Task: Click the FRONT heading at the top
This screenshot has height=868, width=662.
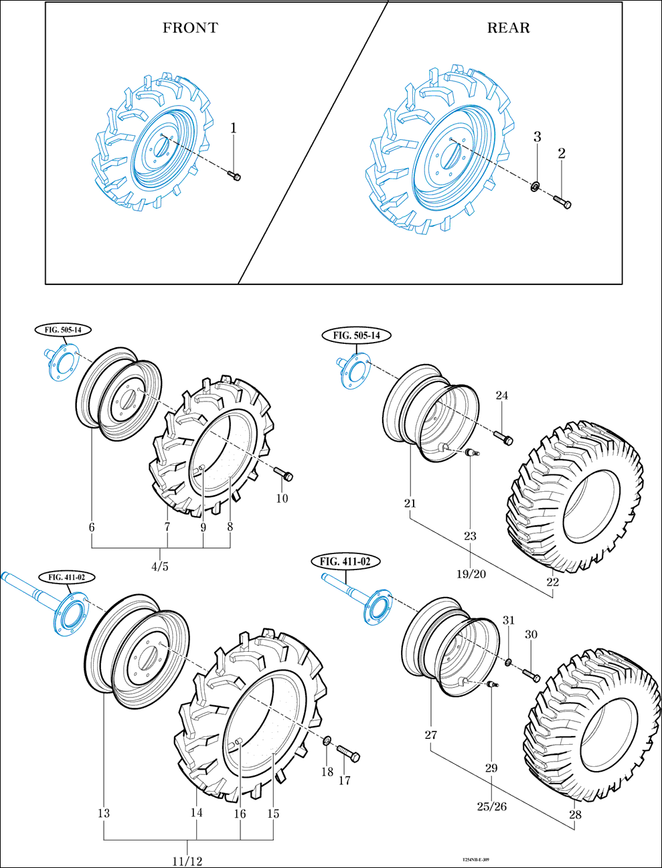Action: point(190,28)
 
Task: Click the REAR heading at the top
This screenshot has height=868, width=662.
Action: point(508,28)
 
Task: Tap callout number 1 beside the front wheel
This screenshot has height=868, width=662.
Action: point(234,127)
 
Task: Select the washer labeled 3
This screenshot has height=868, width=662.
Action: point(535,186)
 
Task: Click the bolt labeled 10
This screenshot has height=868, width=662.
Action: point(284,474)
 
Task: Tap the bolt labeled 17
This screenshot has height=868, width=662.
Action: point(347,753)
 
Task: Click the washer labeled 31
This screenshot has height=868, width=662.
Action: point(509,663)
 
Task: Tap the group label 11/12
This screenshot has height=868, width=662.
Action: point(187,861)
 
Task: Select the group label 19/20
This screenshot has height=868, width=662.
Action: point(471,574)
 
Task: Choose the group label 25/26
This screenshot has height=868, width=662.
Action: point(491,806)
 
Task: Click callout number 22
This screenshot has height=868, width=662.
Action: point(552,582)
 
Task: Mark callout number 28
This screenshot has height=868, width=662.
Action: point(575,814)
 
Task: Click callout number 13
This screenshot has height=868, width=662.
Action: point(104,814)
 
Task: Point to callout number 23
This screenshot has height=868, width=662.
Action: point(471,536)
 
